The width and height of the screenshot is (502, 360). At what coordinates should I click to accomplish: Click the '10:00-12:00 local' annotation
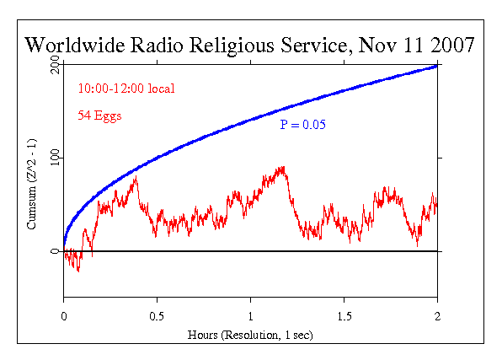coord(126,89)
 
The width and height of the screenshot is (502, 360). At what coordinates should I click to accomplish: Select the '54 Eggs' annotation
coord(99,116)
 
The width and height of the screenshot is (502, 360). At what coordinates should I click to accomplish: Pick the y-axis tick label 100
coord(54,158)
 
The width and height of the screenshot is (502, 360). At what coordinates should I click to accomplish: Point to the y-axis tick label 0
coord(54,251)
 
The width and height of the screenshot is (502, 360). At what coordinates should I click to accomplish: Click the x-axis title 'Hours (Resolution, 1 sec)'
coord(250,334)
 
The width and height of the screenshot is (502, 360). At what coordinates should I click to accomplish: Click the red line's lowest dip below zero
coord(78,271)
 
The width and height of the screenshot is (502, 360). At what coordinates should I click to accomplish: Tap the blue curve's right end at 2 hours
coord(436,65)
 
